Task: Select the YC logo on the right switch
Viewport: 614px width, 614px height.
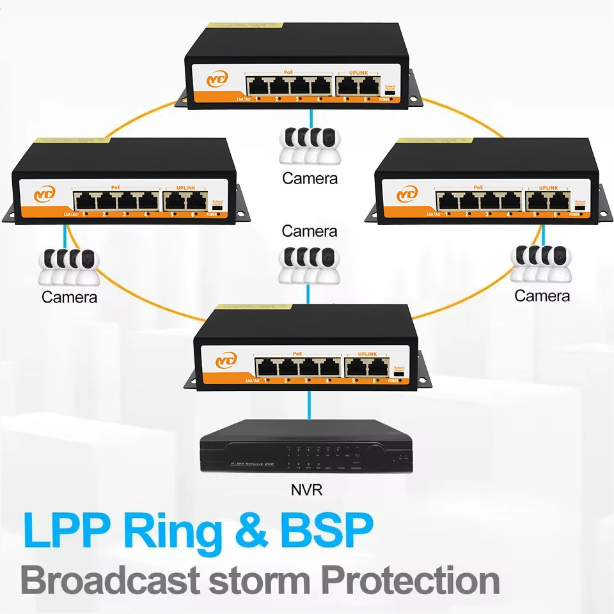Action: pos(407,194)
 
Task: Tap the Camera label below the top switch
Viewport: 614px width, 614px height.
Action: pos(310,178)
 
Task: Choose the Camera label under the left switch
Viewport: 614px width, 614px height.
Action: pos(69,297)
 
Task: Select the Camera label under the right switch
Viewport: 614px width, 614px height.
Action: pos(542,295)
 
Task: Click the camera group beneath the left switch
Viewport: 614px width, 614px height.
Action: pos(69,265)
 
